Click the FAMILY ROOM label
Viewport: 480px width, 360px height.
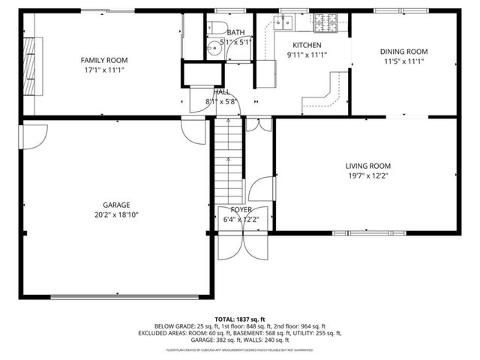(104, 60)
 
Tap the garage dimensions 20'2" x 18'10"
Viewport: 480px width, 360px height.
(116, 214)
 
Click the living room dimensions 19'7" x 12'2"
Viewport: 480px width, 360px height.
(367, 176)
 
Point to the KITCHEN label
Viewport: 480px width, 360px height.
(306, 45)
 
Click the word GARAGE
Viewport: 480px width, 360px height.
(116, 205)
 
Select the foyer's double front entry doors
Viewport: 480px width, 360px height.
(241, 244)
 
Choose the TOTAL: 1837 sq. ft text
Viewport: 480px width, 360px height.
(239, 318)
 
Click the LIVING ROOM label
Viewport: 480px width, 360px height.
(367, 166)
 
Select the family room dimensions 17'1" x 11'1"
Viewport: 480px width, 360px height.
(104, 70)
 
